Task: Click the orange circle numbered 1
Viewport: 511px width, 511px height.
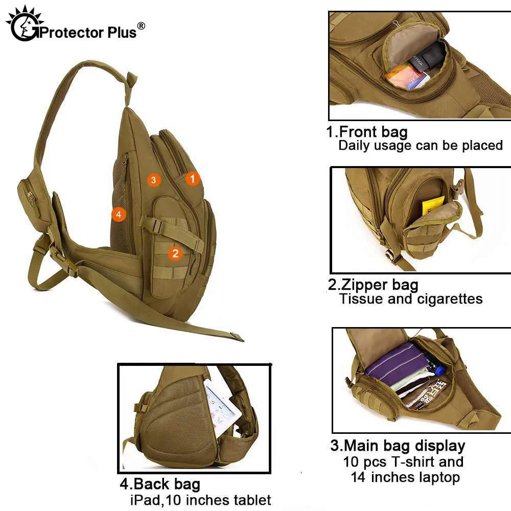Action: (193, 178)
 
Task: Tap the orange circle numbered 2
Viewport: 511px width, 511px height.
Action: (175, 252)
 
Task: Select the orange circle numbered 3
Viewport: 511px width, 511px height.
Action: (153, 179)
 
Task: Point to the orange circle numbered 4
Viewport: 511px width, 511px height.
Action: (119, 215)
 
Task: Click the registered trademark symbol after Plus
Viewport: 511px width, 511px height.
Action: (142, 26)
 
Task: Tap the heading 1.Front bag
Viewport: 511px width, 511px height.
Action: (367, 132)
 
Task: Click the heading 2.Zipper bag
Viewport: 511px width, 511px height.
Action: (373, 285)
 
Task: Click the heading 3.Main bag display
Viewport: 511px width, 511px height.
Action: (398, 446)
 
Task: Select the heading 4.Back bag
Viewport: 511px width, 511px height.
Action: (159, 484)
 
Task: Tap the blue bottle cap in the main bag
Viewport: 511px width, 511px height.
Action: (440, 369)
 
